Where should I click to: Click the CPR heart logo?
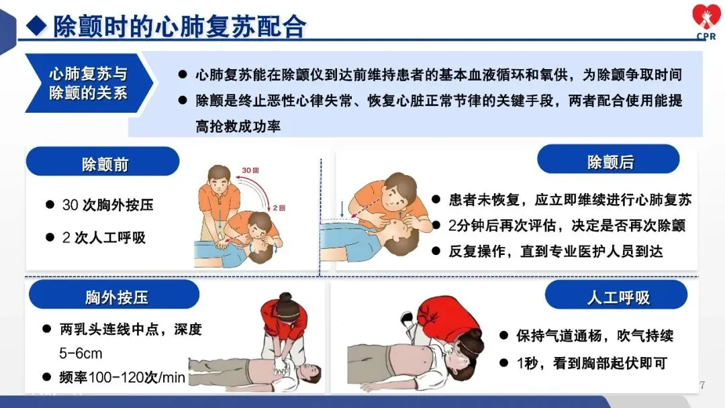click(x=706, y=21)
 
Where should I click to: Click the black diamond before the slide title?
click(x=36, y=26)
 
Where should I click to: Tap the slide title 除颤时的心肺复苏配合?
click(x=179, y=26)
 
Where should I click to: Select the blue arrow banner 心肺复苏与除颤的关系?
click(x=89, y=83)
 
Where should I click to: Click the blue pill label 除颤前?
click(x=103, y=162)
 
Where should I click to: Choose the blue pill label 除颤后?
click(x=608, y=160)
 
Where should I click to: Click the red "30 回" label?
click(x=250, y=170)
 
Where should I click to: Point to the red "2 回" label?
click(x=279, y=208)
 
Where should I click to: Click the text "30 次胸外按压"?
click(x=107, y=205)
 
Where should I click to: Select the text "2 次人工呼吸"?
click(x=104, y=238)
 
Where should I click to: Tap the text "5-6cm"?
click(x=81, y=354)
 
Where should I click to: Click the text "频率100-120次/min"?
click(x=122, y=378)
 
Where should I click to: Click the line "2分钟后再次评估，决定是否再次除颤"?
click(x=567, y=225)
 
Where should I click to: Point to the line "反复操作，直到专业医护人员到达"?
click(x=556, y=252)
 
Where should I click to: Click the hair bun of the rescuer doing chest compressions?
click(x=285, y=297)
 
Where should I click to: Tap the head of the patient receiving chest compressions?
click(x=309, y=372)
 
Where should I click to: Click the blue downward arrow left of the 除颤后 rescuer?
click(x=342, y=209)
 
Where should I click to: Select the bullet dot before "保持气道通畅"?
click(x=504, y=335)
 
